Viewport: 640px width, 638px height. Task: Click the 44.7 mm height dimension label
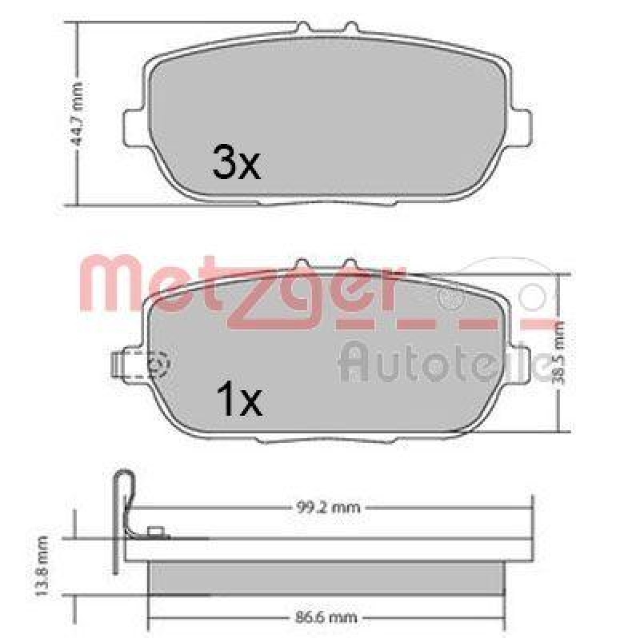78,114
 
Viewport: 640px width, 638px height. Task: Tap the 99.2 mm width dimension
329,507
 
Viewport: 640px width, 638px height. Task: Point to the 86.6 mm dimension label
329,617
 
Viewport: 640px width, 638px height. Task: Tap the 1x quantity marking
239,401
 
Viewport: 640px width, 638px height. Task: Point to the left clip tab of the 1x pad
120,365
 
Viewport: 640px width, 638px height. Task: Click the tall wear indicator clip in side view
122,512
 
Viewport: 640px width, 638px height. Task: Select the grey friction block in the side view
328,577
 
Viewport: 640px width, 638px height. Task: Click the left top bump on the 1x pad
302,265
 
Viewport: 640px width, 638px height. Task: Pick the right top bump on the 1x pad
349,265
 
